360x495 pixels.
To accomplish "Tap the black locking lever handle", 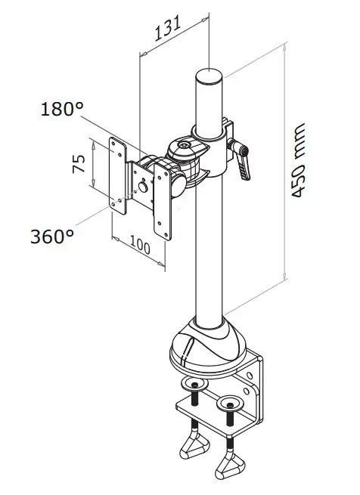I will point(244,162).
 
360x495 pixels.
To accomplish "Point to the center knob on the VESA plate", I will point(141,186).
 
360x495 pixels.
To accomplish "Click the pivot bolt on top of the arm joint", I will point(182,144).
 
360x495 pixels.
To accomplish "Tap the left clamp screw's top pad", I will point(194,385).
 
